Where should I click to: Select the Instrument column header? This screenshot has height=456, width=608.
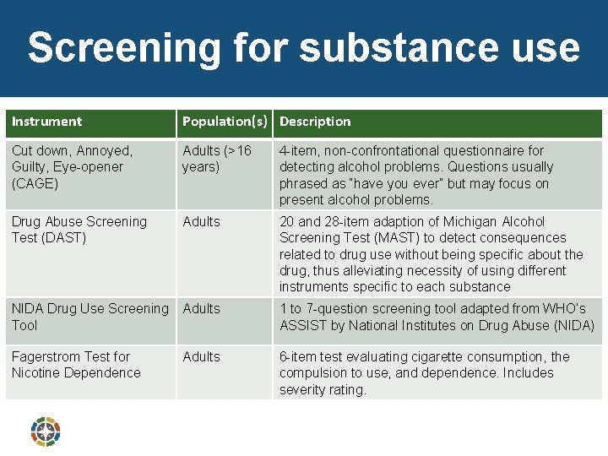point(47,122)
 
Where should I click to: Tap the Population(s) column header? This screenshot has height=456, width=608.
point(226,122)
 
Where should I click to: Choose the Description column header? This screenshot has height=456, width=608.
point(315,122)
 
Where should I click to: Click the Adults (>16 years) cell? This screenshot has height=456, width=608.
point(217,159)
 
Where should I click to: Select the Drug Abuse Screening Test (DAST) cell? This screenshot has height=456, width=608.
point(79,230)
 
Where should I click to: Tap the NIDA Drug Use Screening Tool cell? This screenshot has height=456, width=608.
point(90,317)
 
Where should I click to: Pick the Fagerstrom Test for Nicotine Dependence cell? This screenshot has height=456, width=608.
point(76,365)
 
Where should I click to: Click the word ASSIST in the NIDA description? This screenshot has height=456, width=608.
point(303,325)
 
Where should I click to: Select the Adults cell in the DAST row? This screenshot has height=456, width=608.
point(201,222)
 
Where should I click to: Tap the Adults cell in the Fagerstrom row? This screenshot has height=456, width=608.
point(201,357)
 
